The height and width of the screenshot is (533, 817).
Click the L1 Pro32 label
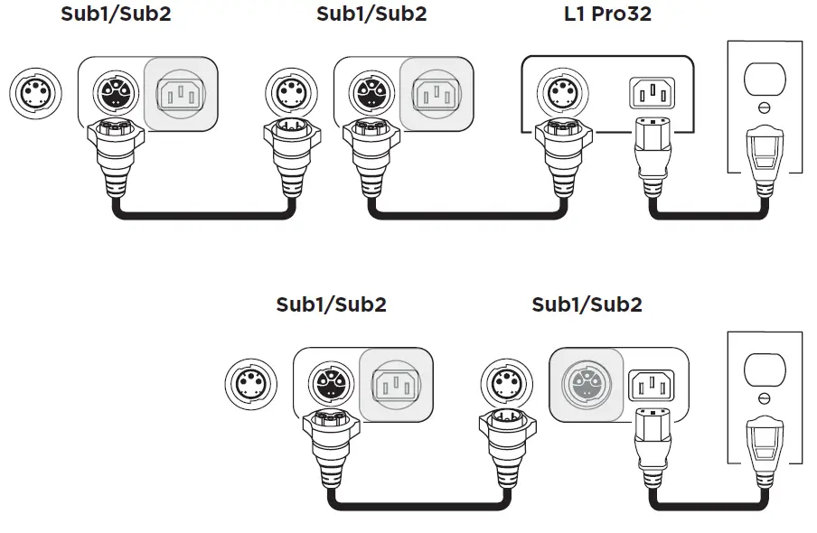pos(606,14)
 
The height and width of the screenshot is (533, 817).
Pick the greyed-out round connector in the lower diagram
pos(583,384)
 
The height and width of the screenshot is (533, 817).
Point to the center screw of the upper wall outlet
pos(764,108)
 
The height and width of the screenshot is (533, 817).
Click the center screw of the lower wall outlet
pos(764,398)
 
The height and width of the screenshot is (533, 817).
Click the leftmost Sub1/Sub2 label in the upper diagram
pos(115,14)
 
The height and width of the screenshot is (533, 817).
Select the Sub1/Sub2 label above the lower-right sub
pos(587,304)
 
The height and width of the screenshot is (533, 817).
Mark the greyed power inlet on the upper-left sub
pos(181,93)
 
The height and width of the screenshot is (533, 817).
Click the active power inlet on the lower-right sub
pos(651,384)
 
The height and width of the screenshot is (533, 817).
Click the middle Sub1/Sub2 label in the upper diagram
pos(371,14)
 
